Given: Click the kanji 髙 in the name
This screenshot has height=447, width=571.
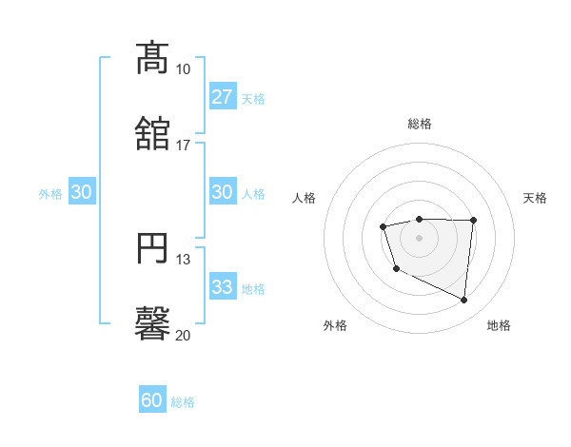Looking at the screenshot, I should point(153,58).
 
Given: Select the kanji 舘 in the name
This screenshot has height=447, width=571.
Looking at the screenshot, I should point(153,134).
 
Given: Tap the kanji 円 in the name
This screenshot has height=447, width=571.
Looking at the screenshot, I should point(153,248).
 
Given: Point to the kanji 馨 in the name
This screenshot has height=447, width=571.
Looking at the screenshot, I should point(153,324).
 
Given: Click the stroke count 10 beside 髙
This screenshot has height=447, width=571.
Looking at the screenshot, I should point(184,69).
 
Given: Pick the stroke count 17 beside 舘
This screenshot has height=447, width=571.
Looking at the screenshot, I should point(184,146).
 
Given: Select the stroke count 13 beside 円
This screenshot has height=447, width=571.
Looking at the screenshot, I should point(184,260).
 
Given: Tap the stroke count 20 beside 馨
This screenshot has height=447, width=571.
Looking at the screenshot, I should point(184,336).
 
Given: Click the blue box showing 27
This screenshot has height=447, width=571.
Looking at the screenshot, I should point(222,97).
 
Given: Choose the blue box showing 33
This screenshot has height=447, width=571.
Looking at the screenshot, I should point(222,287).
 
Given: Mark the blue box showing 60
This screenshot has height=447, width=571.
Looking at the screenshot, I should point(151,401).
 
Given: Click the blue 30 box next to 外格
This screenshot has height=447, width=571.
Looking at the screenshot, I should point(81,192).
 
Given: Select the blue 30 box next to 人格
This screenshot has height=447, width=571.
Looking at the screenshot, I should point(222,192).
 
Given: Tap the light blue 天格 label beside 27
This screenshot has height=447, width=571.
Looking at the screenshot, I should point(253,98).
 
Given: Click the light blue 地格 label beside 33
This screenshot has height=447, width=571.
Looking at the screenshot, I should point(253,288).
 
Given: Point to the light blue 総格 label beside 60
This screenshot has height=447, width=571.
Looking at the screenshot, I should point(183,402).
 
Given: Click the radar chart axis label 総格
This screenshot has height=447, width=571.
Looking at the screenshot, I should point(420,124).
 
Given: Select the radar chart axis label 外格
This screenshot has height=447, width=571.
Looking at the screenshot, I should point(335,325).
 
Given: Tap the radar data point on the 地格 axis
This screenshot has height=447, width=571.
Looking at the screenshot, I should point(464,301).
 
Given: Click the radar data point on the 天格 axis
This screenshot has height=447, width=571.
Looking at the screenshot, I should point(474,221).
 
